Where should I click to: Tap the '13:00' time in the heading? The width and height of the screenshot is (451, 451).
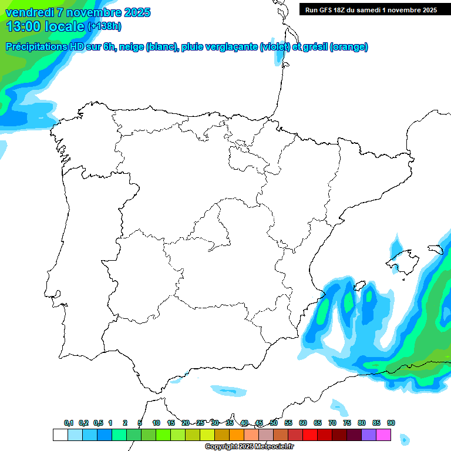pyautogui.click(x=23, y=26)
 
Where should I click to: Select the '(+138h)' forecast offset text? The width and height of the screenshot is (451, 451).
pyautogui.click(x=105, y=26)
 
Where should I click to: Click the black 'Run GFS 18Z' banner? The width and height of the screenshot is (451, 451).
pyautogui.click(x=371, y=9)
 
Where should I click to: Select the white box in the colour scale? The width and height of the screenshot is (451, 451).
pyautogui.click(x=60, y=435)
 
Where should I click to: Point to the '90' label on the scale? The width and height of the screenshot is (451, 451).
pyautogui.click(x=391, y=423)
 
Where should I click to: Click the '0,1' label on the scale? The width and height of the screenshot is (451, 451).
pyautogui.click(x=69, y=423)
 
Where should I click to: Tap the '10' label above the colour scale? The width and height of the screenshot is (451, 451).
pyautogui.click(x=156, y=423)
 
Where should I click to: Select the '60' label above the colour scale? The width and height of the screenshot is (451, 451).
pyautogui.click(x=303, y=423)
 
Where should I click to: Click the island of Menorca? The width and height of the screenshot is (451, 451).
pyautogui.click(x=435, y=249)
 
